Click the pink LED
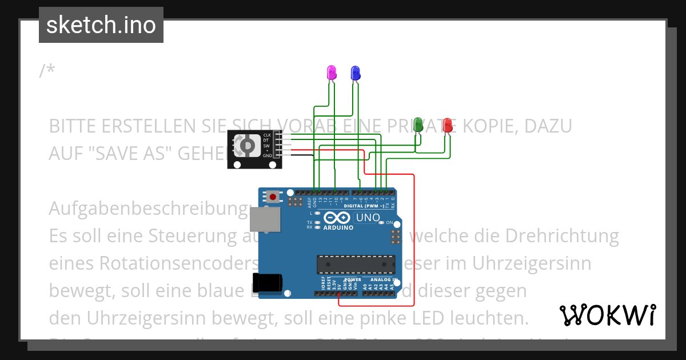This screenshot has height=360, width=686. [331, 73]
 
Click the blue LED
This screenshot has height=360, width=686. [355, 73]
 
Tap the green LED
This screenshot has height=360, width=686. [418, 124]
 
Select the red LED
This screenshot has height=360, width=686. [448, 125]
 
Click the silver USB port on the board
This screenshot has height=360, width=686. [266, 219]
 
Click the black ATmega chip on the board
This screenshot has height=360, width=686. [356, 265]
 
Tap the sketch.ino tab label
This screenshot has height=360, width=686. [101, 25]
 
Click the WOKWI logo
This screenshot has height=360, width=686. [607, 315]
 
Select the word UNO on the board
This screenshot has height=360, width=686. [368, 218]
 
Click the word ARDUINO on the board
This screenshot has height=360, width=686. [338, 227]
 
